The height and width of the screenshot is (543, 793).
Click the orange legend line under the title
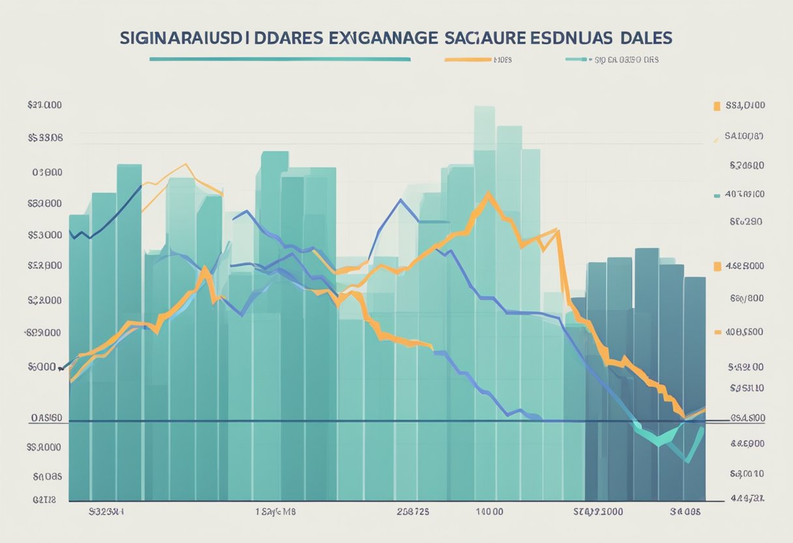[468, 60]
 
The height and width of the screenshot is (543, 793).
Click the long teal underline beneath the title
[280, 59]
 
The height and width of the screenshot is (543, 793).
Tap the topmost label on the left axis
[45, 105]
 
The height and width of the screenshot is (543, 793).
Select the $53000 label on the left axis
[45, 234]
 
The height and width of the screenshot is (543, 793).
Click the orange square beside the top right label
[717, 105]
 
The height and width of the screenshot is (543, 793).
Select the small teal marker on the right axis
[717, 194]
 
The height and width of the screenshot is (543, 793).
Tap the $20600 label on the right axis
[745, 166]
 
